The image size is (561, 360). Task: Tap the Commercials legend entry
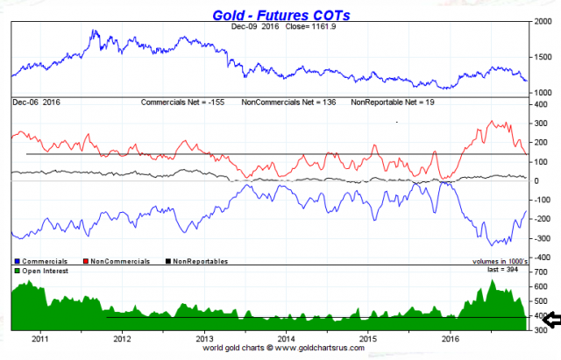tap(39, 261)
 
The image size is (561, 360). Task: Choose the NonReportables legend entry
tap(201, 261)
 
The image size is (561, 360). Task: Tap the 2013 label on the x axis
tap(204, 338)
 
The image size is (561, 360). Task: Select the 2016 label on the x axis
tap(451, 338)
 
